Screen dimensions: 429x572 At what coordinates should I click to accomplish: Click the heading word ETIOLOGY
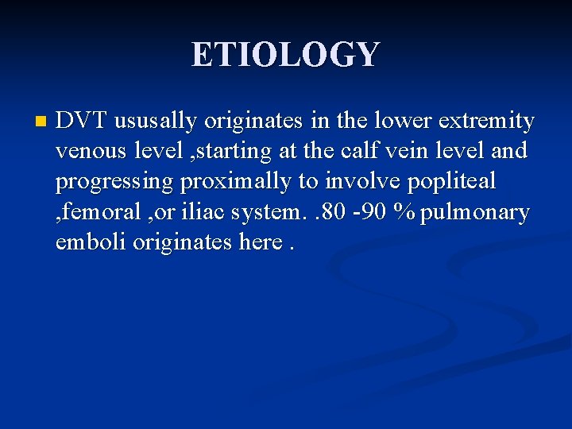pos(286,55)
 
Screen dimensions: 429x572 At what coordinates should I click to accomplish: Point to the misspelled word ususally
pos(156,122)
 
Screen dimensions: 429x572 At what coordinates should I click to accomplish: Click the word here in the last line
pos(261,242)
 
